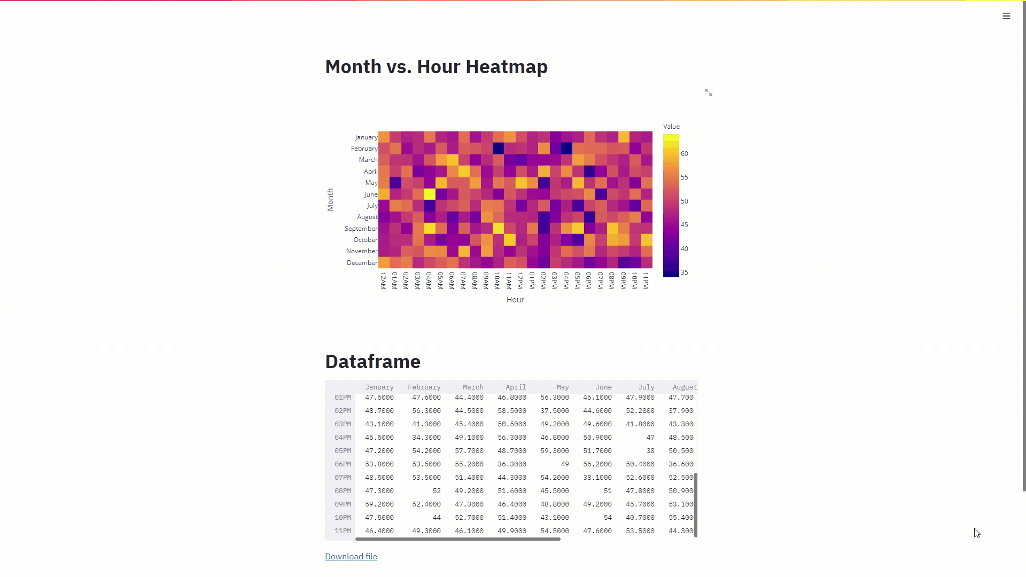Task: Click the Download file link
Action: (x=351, y=557)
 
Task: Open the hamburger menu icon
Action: (x=1006, y=16)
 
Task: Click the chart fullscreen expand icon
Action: (x=708, y=92)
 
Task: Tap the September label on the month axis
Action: (x=361, y=229)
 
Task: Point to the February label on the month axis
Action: (x=364, y=149)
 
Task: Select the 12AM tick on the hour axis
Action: (x=383, y=280)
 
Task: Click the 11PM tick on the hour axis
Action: (x=646, y=280)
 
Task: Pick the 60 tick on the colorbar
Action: (x=684, y=154)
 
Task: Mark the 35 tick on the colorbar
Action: (x=684, y=272)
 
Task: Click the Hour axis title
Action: (x=515, y=300)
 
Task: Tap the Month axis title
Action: (x=330, y=200)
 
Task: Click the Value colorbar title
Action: (x=671, y=127)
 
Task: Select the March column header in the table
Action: (x=472, y=387)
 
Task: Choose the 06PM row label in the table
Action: (x=343, y=464)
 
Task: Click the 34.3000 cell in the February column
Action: (x=426, y=438)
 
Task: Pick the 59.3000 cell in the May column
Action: (x=554, y=451)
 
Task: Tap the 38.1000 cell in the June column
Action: (x=597, y=478)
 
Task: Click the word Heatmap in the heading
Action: (x=506, y=67)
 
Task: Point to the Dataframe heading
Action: (x=372, y=362)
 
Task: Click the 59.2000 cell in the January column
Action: (x=379, y=504)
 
